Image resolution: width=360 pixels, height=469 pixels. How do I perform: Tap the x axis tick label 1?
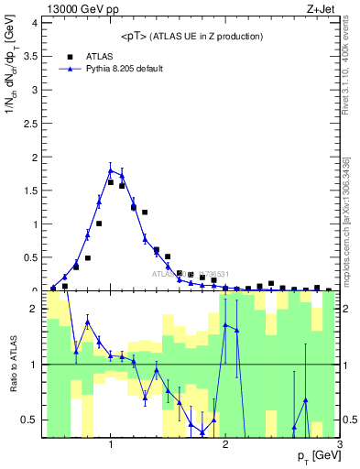coord(111,444)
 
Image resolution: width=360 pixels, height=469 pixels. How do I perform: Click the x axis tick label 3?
coord(339,444)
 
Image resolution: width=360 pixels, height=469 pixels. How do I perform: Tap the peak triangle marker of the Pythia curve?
coord(111,169)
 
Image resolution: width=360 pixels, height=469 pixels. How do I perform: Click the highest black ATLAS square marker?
coord(111,182)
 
